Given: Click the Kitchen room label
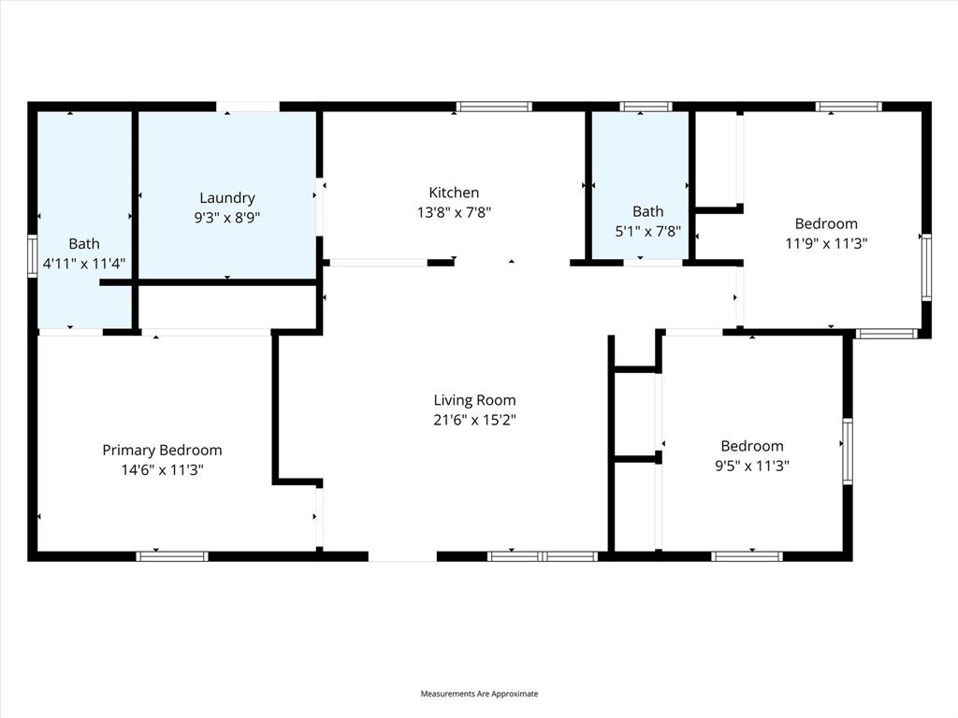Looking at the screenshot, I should point(454,193).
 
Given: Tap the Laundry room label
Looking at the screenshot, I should point(227,197).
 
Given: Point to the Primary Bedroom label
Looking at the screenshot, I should point(162,450).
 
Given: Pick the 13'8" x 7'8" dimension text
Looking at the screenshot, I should point(454,212).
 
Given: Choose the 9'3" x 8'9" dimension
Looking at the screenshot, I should point(227,217).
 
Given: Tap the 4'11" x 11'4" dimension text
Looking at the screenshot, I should point(84,264).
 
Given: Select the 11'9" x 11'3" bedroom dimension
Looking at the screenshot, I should point(826,243).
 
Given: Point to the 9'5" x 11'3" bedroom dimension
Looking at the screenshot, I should point(751,466).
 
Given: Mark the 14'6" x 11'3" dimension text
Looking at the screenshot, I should point(162,469).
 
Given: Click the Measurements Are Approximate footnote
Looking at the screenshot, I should point(479,694).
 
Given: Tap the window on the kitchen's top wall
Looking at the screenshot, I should point(494,107).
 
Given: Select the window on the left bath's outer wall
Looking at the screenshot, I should point(33,256).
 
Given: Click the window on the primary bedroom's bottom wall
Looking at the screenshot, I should point(172,556).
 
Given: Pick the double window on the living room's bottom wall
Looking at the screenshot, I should point(543,556).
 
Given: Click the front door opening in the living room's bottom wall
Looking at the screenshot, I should point(402,556).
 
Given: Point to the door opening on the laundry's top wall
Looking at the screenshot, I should point(248,107).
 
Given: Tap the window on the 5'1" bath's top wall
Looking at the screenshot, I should point(646,107).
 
